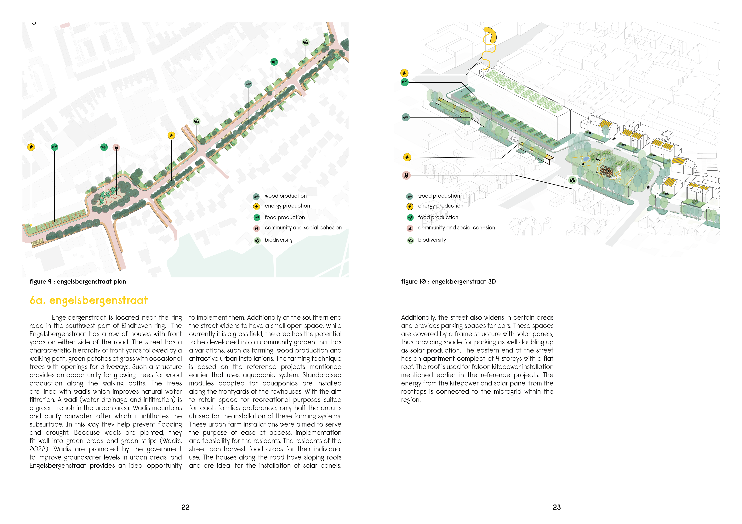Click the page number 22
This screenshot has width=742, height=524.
185,507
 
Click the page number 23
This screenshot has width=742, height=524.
556,507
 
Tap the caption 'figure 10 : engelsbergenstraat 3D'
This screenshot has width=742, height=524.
448,282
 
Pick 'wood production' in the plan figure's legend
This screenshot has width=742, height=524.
285,196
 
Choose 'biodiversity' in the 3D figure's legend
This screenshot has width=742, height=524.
432,240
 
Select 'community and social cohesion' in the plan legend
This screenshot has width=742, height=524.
303,228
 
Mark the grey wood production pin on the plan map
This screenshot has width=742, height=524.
248,84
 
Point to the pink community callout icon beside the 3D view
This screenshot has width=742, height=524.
406,175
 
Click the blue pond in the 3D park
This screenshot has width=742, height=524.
586,159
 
